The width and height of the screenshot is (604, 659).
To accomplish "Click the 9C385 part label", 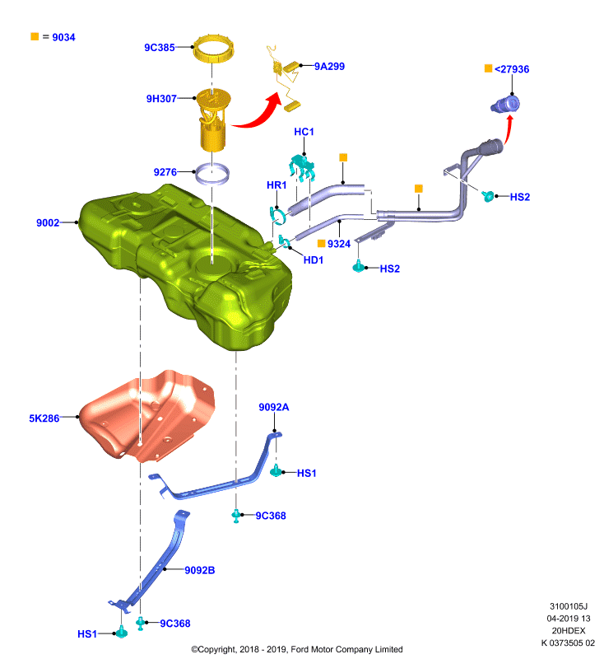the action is pyautogui.click(x=160, y=48).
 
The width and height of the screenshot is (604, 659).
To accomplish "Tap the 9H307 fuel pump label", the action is pyautogui.click(x=161, y=99).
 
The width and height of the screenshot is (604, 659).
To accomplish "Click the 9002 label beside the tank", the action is pyautogui.click(x=48, y=222).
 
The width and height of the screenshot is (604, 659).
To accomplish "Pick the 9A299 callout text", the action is pyautogui.click(x=329, y=67).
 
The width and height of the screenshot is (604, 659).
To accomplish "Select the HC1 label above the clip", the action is pyautogui.click(x=304, y=132).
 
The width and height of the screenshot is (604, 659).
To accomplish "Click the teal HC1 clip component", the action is pyautogui.click(x=302, y=166).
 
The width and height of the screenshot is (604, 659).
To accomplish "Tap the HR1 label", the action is pyautogui.click(x=276, y=185).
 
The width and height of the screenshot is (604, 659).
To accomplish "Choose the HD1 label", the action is pyautogui.click(x=314, y=260).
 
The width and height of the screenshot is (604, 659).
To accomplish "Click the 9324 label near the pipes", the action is pyautogui.click(x=339, y=244).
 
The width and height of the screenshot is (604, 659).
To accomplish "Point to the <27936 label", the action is pyautogui.click(x=512, y=69).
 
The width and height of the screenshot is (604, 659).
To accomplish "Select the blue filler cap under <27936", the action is pyautogui.click(x=505, y=105).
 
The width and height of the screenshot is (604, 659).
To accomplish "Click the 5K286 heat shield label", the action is pyautogui.click(x=44, y=418).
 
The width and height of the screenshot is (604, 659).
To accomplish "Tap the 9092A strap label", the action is pyautogui.click(x=274, y=407).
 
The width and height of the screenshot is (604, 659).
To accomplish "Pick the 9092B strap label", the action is pyautogui.click(x=200, y=570).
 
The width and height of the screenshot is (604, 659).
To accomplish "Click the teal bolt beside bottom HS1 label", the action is pyautogui.click(x=122, y=632).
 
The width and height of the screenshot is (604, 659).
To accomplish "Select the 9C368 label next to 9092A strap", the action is pyautogui.click(x=271, y=516).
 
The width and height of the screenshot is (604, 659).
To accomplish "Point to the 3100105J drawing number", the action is pyautogui.click(x=569, y=606).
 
